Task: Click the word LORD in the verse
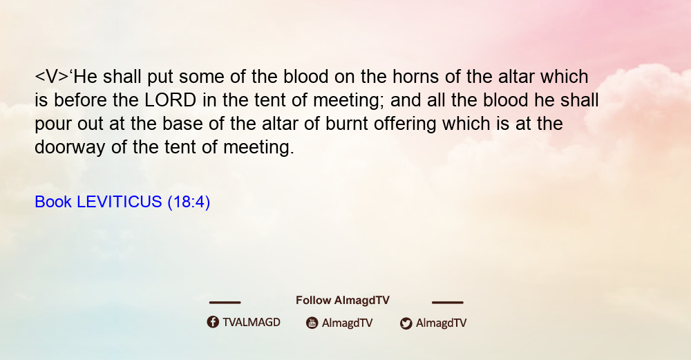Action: click(x=171, y=100)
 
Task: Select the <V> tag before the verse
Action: click(x=52, y=77)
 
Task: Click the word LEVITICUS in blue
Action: click(x=120, y=202)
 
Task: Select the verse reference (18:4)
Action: click(x=189, y=202)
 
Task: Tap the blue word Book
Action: click(x=53, y=202)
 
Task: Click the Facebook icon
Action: click(x=213, y=322)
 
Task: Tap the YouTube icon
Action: click(x=312, y=323)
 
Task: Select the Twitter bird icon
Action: click(x=406, y=323)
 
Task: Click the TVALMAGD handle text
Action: click(x=252, y=322)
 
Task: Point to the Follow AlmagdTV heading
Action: click(x=343, y=301)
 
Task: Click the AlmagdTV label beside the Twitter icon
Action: click(x=441, y=323)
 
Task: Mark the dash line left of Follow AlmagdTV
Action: click(x=225, y=303)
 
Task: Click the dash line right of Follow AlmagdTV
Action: click(x=448, y=303)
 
